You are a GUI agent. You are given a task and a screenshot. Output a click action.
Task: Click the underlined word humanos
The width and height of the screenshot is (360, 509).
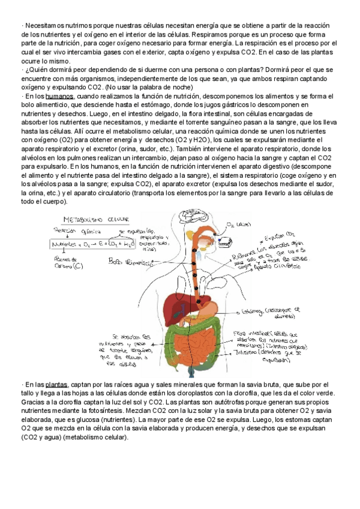[x=59, y=96]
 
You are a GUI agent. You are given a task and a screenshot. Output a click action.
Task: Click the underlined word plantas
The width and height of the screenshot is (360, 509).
[x=56, y=384]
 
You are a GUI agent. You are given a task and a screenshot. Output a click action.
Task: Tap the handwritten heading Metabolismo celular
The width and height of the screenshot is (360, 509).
[x=88, y=222]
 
